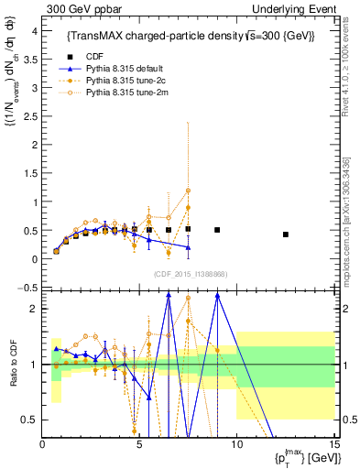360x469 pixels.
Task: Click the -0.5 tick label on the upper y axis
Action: tap(28, 288)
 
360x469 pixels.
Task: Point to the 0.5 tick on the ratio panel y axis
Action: tap(30, 420)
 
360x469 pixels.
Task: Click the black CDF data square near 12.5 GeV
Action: tap(285, 234)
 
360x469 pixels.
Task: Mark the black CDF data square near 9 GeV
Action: tap(217, 230)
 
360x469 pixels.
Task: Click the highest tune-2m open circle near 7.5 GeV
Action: tap(188, 191)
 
